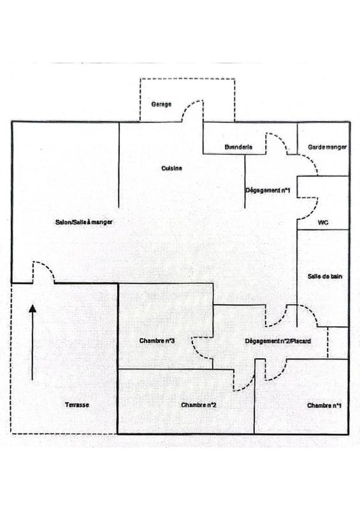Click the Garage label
click(x=161, y=105)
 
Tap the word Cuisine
click(x=171, y=168)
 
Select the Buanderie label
click(x=238, y=147)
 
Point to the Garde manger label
click(x=327, y=147)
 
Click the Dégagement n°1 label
click(x=268, y=190)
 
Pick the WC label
click(x=323, y=222)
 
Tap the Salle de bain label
click(x=325, y=277)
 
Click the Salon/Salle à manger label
click(x=84, y=222)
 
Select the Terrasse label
click(x=77, y=405)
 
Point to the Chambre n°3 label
click(x=157, y=341)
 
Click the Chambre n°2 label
click(x=199, y=405)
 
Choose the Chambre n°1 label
click(x=324, y=405)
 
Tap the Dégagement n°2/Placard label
click(x=278, y=341)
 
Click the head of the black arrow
click(x=32, y=309)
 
